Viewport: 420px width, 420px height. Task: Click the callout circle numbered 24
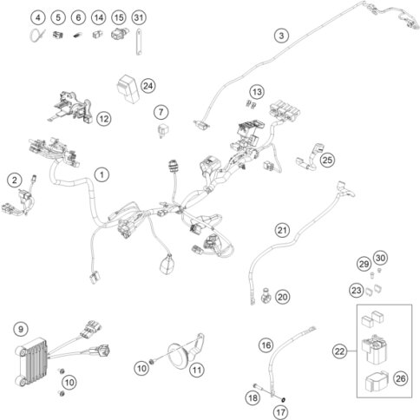click(x=148, y=86)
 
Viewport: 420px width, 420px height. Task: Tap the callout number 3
click(x=281, y=36)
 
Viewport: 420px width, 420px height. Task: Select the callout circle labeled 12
click(x=103, y=119)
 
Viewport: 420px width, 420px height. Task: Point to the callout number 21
click(x=282, y=230)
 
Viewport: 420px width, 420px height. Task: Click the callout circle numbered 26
click(x=401, y=378)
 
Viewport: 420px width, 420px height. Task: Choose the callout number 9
click(x=21, y=329)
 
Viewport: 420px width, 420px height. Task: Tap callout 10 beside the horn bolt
click(x=141, y=368)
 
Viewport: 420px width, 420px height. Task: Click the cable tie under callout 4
click(x=37, y=36)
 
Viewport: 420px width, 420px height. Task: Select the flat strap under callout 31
click(x=139, y=42)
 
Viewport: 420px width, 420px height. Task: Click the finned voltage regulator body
click(x=31, y=362)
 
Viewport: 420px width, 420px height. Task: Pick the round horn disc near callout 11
click(x=179, y=357)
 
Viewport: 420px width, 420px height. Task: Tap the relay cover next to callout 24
click(x=128, y=89)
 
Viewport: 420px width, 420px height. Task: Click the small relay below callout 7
click(x=162, y=131)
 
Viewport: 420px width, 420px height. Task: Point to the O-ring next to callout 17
click(x=283, y=400)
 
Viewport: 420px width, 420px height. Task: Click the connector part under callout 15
click(x=119, y=34)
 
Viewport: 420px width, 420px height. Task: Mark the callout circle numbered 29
click(x=364, y=264)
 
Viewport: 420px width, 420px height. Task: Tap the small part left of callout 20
click(x=265, y=295)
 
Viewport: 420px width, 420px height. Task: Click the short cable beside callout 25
click(x=309, y=156)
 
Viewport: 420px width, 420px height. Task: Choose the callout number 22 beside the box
click(x=339, y=351)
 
